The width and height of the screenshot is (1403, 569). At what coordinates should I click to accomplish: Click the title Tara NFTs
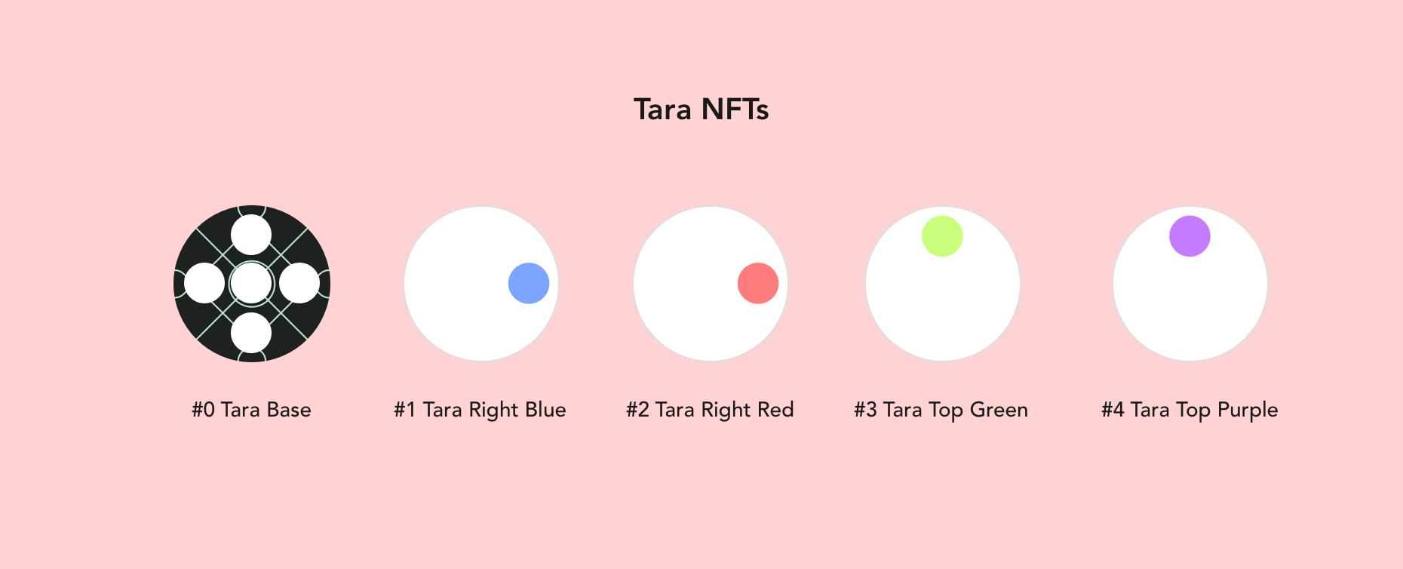point(701,109)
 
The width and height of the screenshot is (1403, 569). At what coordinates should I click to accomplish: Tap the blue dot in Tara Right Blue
point(529,283)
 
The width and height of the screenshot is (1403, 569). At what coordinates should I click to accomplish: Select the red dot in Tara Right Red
point(758,283)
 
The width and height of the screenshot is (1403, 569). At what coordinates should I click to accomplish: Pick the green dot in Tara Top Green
point(942,236)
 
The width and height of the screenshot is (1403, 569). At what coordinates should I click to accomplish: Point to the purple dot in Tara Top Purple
point(1190,236)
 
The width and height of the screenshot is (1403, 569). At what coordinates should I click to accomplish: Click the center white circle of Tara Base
point(251,283)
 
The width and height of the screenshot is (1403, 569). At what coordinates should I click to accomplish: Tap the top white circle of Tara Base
point(251,235)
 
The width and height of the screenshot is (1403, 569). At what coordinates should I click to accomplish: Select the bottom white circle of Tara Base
point(251,332)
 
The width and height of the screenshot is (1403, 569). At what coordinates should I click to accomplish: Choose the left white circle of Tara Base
point(204,283)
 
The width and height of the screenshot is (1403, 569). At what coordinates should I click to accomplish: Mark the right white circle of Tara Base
point(299,283)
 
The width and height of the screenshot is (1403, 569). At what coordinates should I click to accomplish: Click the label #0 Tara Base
point(251,410)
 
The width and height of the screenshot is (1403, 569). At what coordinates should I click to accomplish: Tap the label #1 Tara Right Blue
point(480,411)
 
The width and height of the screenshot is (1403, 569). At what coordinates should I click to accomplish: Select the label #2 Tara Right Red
point(710,411)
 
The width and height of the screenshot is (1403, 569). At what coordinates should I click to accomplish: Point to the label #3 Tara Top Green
point(941,411)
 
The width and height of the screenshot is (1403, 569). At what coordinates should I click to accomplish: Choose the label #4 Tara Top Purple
point(1190,411)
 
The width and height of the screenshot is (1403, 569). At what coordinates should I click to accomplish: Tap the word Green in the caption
point(999,410)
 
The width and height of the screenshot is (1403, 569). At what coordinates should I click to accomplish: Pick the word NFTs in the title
point(735,109)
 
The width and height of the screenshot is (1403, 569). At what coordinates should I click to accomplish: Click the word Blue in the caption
point(545,410)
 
